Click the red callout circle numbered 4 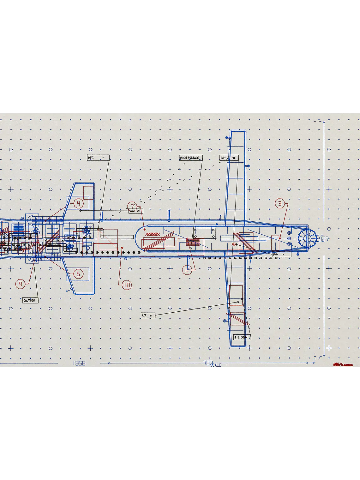(78, 203)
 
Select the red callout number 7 (132, 207)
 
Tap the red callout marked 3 (279, 204)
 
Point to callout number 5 (79, 274)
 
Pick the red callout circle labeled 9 (20, 284)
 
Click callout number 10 (127, 285)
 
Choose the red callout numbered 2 (187, 270)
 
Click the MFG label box (98, 158)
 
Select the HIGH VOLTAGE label (191, 158)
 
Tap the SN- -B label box (229, 158)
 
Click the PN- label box (282, 254)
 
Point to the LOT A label (148, 315)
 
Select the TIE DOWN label (242, 337)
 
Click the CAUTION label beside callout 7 (135, 211)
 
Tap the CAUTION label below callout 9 (30, 300)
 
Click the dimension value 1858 (79, 363)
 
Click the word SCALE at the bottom (216, 365)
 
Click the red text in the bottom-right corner (343, 365)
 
